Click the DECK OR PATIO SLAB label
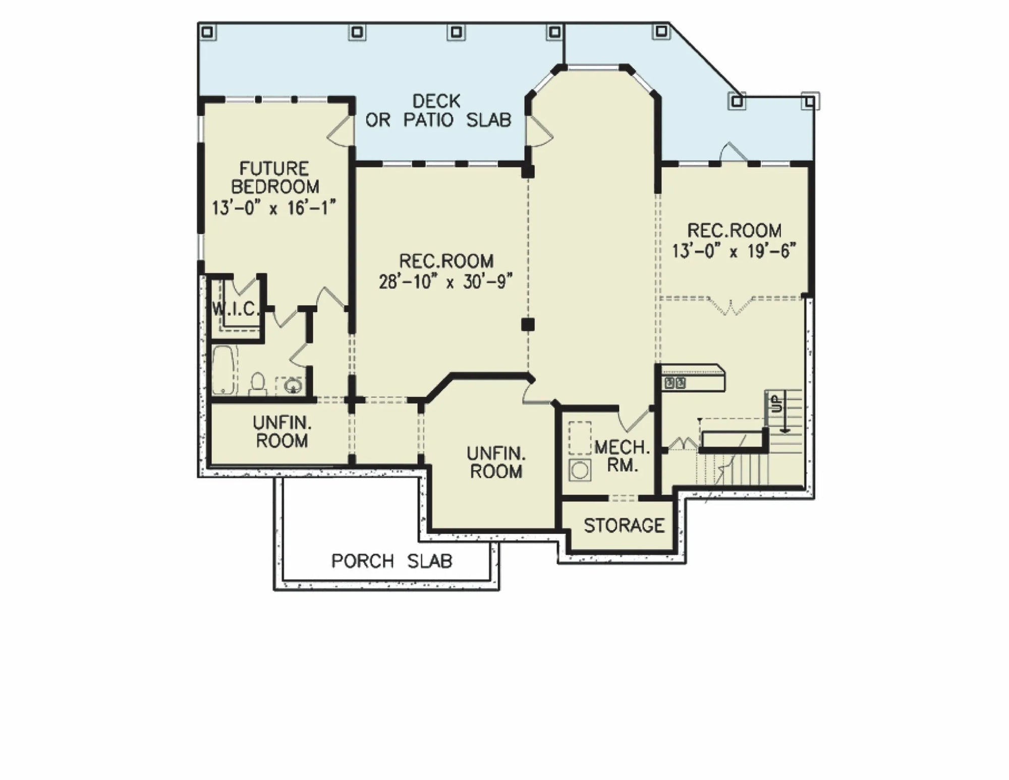(x=438, y=111)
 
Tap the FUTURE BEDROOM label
(x=275, y=177)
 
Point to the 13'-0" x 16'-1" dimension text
(x=274, y=207)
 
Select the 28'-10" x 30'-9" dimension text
(x=446, y=281)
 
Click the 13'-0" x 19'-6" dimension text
(x=734, y=250)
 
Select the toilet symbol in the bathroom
(x=258, y=384)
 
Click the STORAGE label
(x=624, y=526)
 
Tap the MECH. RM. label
(x=622, y=456)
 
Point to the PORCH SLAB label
(x=391, y=561)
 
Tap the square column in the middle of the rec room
(x=528, y=324)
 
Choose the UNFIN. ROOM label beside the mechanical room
(x=496, y=462)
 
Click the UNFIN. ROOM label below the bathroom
(x=282, y=432)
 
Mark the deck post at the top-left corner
(x=207, y=32)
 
